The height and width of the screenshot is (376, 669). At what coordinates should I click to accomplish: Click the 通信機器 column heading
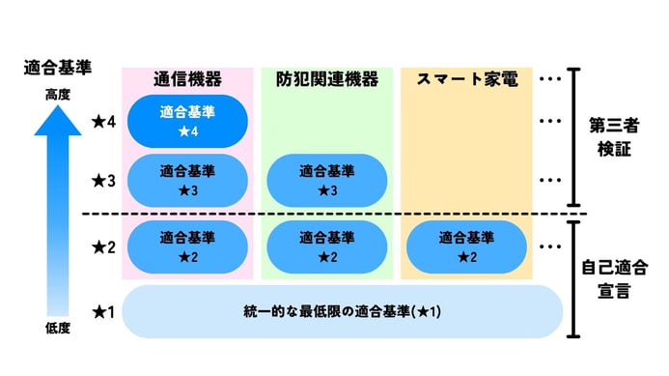tap(187, 79)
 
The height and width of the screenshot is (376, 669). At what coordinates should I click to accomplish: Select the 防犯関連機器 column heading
tap(326, 79)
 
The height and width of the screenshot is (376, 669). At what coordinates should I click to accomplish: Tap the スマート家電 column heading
tap(466, 79)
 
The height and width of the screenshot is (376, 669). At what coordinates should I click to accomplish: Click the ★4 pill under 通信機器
tap(187, 121)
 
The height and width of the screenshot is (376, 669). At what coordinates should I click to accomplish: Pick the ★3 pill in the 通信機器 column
tap(187, 180)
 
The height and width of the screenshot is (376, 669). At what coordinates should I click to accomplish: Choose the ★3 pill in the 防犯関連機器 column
tap(326, 180)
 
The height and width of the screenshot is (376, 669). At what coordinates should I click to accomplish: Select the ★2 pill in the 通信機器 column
tap(187, 246)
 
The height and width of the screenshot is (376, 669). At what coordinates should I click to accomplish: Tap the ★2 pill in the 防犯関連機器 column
tap(326, 246)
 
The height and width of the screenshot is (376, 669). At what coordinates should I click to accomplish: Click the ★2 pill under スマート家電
tap(466, 246)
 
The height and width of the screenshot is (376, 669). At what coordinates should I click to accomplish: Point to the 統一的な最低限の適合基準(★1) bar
tap(342, 311)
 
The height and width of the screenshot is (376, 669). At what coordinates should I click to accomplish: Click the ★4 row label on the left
tap(103, 122)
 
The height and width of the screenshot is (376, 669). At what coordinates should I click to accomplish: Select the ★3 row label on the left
tap(103, 181)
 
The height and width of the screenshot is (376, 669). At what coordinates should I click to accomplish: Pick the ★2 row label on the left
tap(103, 247)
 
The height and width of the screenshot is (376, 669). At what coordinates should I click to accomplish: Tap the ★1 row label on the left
tap(103, 312)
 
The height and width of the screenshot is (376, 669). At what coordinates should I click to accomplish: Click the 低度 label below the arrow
tap(57, 329)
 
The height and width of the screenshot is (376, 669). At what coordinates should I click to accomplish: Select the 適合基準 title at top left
tap(57, 68)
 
